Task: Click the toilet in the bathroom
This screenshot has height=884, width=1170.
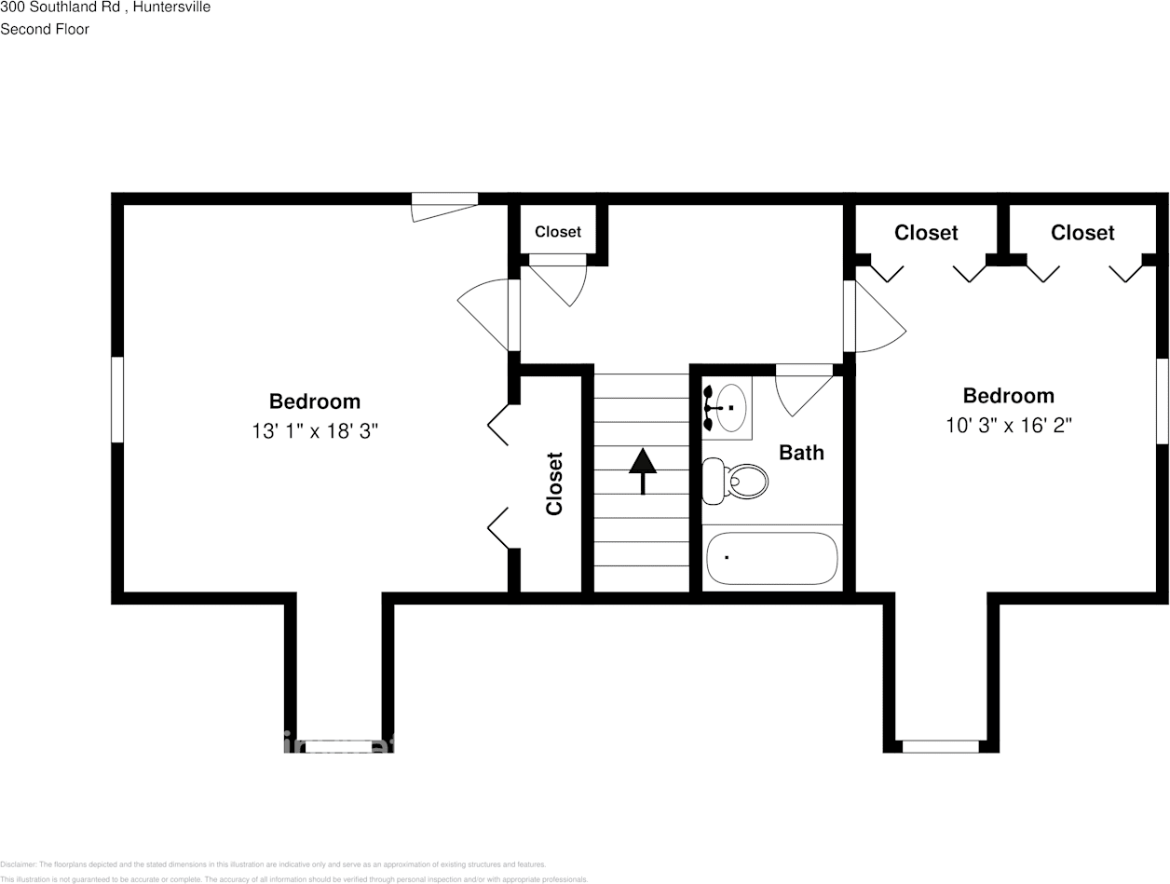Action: [x=736, y=481]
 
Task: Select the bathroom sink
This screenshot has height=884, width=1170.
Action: [x=729, y=408]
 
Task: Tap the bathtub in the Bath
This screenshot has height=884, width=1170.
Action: [x=771, y=558]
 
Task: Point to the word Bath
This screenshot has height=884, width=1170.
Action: [x=801, y=453]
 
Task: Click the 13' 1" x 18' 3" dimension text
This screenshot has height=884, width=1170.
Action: [x=315, y=431]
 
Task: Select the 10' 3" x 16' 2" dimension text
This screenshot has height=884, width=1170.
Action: [x=1009, y=426]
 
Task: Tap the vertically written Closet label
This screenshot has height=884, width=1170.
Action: [x=554, y=483]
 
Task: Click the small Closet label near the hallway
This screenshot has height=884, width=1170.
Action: [x=557, y=232]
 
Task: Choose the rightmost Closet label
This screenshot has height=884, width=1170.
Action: [x=1082, y=233]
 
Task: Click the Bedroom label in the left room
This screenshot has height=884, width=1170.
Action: [x=315, y=401]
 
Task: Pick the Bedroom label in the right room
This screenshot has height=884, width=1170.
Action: [x=1009, y=396]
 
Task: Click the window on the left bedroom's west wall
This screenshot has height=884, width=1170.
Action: [x=117, y=400]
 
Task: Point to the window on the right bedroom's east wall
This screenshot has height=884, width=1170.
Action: [x=1162, y=401]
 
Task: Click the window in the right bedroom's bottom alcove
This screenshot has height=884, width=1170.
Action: [x=941, y=746]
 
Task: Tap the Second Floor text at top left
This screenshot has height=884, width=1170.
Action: [x=45, y=29]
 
